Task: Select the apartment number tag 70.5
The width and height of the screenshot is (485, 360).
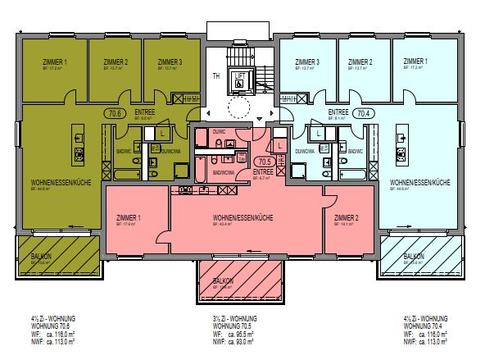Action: tap(263, 162)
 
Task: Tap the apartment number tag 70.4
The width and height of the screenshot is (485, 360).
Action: tap(365, 114)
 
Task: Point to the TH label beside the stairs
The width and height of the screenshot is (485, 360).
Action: tap(216, 75)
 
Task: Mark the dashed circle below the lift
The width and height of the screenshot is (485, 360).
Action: tap(239, 108)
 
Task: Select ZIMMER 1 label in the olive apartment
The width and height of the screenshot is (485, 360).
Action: tap(54, 62)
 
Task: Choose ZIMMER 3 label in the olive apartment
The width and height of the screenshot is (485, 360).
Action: tap(170, 62)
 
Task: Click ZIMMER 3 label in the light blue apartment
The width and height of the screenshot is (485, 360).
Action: tap(307, 62)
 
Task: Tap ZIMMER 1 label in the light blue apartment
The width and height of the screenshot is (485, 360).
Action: tap(415, 62)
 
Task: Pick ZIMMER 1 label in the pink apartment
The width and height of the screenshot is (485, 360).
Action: tap(129, 217)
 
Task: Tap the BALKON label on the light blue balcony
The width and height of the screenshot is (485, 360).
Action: tap(413, 256)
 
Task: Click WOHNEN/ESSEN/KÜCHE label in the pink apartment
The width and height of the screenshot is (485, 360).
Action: tap(242, 217)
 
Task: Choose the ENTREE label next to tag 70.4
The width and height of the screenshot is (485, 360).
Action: tap(338, 112)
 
